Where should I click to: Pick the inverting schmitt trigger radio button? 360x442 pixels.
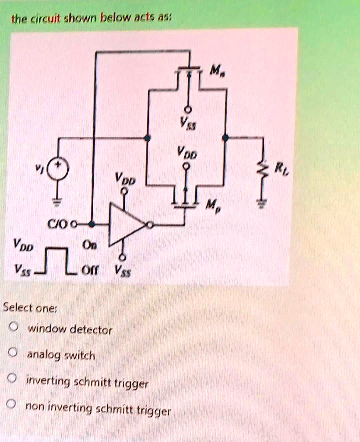[13, 380]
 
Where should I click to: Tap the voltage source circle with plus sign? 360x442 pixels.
[58, 168]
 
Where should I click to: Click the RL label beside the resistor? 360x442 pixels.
[281, 167]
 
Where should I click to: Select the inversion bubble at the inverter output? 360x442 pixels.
[149, 225]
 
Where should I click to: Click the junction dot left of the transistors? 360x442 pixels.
[148, 138]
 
